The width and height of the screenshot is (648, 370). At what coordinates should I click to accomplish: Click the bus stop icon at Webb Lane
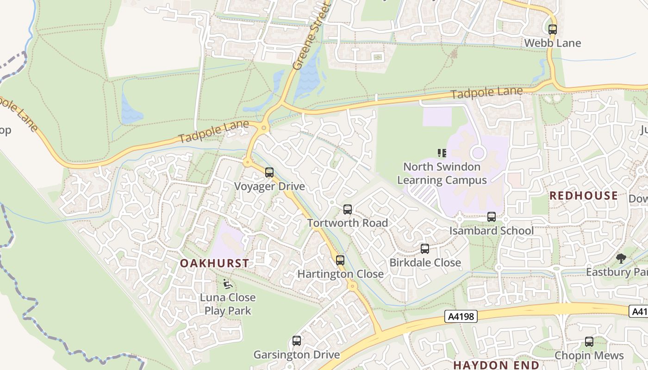pyautogui.click(x=552, y=30)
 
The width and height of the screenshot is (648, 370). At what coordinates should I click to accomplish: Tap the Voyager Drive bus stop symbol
pyautogui.click(x=269, y=173)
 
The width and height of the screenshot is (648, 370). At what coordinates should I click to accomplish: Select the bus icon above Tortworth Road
pyautogui.click(x=348, y=210)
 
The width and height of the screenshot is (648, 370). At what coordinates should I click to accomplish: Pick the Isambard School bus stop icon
pyautogui.click(x=492, y=217)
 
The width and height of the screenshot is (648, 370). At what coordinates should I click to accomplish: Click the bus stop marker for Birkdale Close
pyautogui.click(x=425, y=249)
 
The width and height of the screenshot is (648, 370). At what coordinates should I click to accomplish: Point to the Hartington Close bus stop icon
pyautogui.click(x=340, y=260)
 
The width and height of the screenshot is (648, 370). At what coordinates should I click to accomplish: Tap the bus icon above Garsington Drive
pyautogui.click(x=297, y=341)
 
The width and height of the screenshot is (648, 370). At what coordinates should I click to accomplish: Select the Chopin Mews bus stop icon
pyautogui.click(x=589, y=342)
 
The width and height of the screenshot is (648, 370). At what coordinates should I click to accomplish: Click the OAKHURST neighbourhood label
pyautogui.click(x=214, y=263)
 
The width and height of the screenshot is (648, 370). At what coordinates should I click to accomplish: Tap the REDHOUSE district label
pyautogui.click(x=583, y=196)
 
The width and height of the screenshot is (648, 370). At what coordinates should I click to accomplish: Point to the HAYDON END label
pyautogui.click(x=496, y=365)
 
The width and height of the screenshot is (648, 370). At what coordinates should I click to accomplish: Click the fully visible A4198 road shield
pyautogui.click(x=461, y=316)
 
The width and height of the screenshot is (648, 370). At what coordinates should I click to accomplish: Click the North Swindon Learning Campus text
pyautogui.click(x=442, y=173)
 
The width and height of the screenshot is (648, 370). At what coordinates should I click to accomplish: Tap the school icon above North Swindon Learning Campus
pyautogui.click(x=442, y=153)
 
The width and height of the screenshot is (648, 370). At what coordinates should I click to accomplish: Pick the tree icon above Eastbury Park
pyautogui.click(x=621, y=259)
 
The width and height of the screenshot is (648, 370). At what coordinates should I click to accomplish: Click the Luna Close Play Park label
pyautogui.click(x=228, y=304)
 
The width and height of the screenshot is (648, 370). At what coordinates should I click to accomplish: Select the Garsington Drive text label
pyautogui.click(x=296, y=355)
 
